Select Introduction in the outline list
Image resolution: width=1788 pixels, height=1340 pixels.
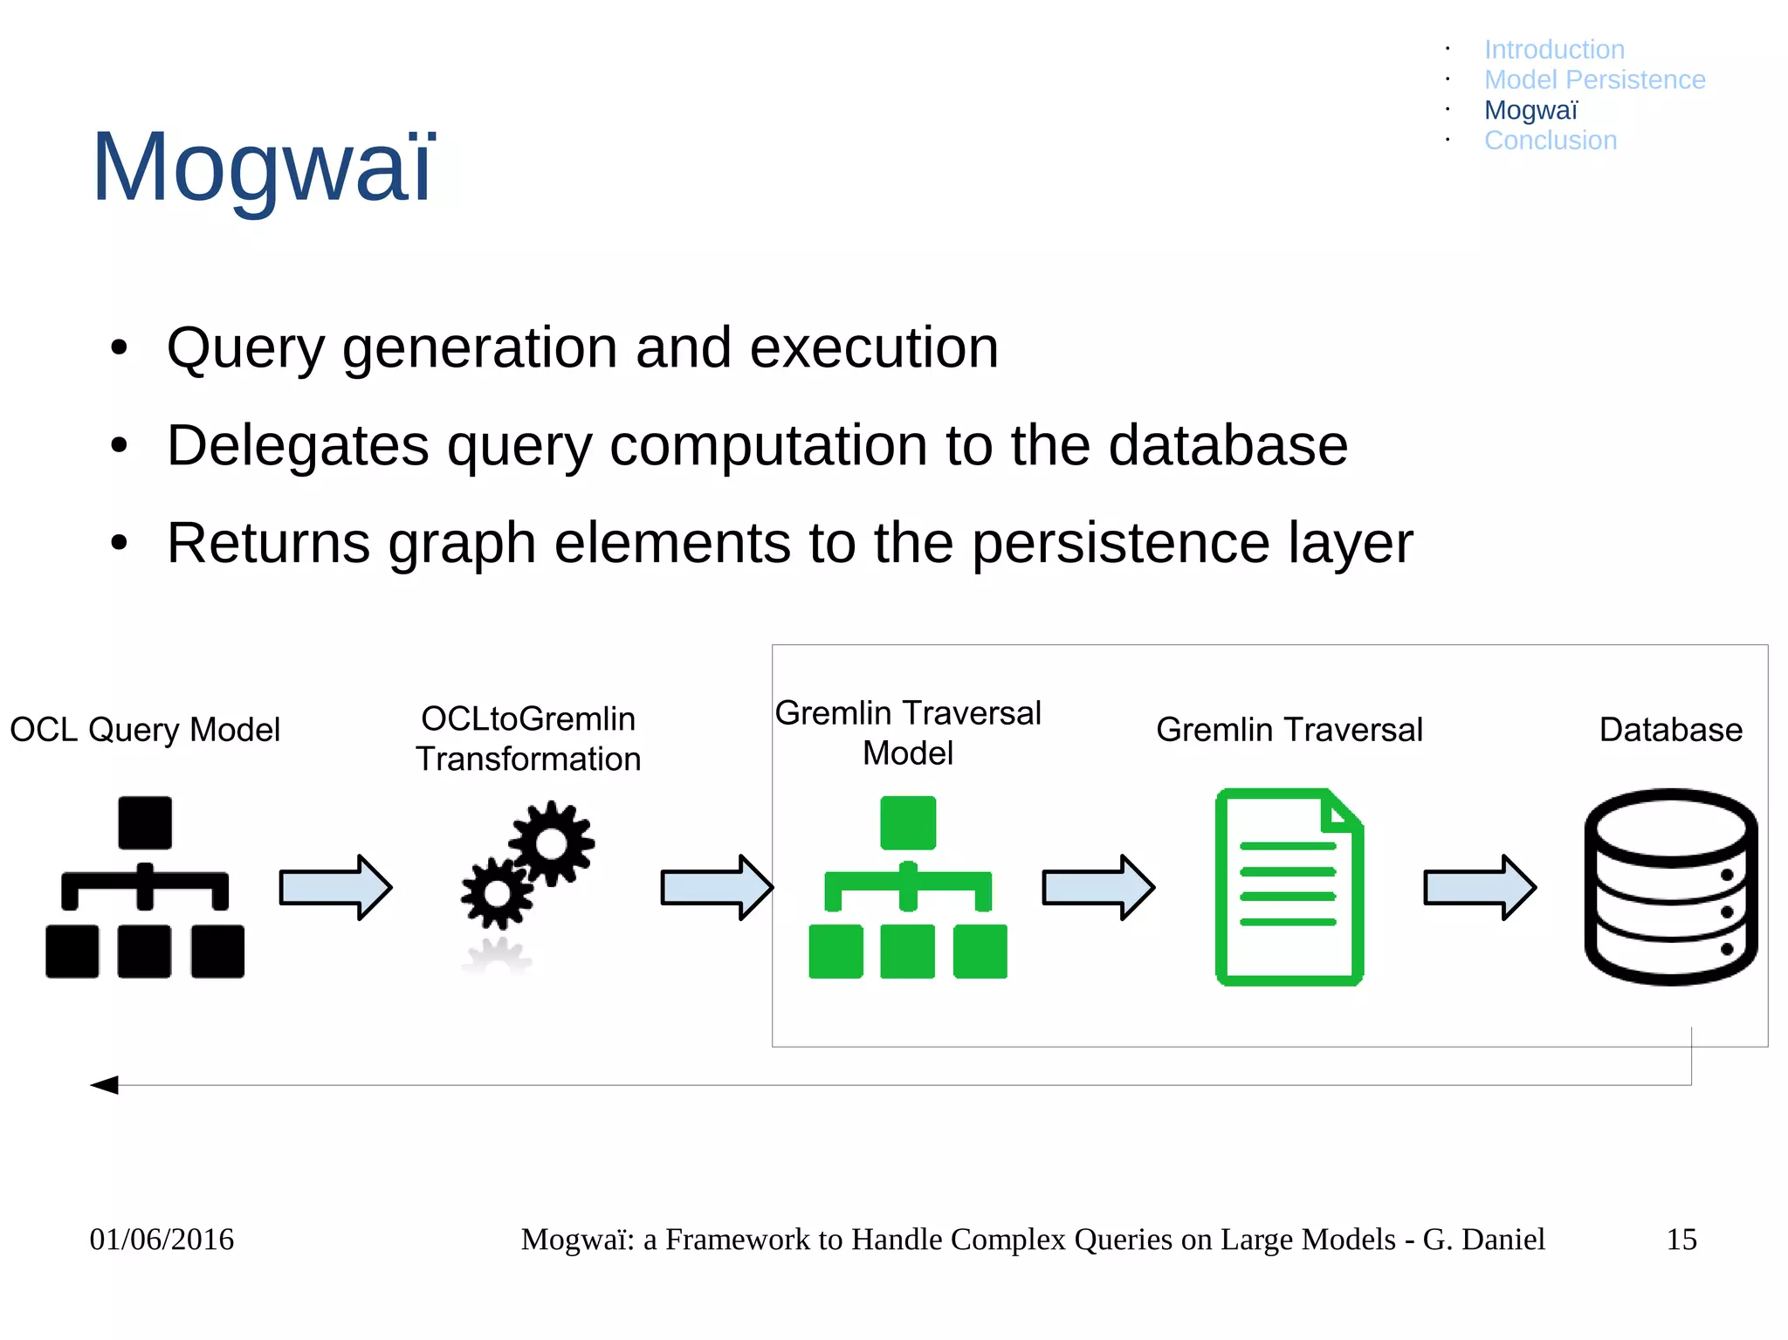pos(1554,50)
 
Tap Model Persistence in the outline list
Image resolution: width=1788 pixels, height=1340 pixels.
pos(1594,80)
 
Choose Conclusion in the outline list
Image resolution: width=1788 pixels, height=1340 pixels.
pos(1551,141)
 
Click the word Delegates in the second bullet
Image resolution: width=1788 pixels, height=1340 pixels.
pos(297,446)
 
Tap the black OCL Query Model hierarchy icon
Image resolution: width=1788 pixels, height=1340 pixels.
pos(145,887)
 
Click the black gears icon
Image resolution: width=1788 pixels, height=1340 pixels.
pos(529,864)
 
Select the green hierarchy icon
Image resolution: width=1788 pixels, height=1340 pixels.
pos(908,887)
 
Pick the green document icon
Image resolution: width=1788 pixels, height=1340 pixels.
pos(1289,887)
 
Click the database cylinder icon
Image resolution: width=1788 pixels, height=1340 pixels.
pos(1670,887)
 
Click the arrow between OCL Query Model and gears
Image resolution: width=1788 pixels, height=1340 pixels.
pos(335,887)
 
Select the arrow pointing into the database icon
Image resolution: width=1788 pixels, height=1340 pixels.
pos(1479,887)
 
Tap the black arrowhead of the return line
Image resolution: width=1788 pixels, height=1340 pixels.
pos(106,1085)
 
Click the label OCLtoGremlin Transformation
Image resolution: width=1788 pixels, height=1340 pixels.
pos(528,739)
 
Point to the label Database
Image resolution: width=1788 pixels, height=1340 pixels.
pos(1670,730)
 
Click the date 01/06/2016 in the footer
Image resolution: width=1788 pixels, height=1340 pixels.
pos(162,1240)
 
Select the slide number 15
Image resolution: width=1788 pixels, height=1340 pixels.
pos(1681,1240)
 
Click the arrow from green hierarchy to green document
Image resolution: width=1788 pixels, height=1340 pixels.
pos(1098,887)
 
